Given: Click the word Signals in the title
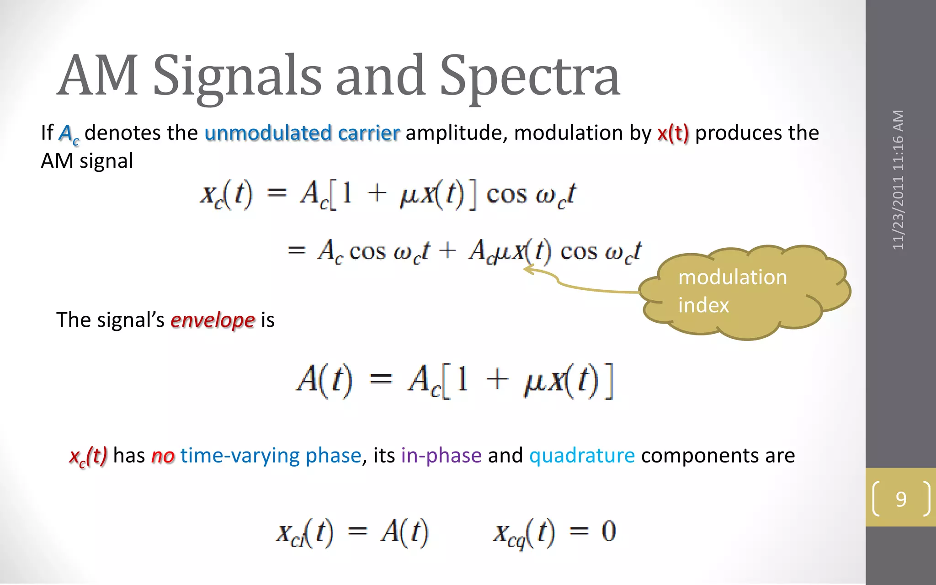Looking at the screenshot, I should (238, 77).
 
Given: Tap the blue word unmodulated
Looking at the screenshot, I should (268, 133).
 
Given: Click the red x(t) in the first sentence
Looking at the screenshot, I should (673, 133).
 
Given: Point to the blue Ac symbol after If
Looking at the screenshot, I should (69, 134).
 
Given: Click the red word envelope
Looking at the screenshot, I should (213, 320).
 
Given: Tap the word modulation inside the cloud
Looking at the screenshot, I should (732, 277).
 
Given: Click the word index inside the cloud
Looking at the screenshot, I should (703, 305).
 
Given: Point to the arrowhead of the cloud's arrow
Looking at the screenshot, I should (527, 270).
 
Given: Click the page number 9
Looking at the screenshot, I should (900, 499).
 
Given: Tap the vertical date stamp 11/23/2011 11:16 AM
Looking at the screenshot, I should (899, 180).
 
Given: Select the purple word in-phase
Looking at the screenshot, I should (441, 456).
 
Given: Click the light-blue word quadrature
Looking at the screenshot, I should (582, 456).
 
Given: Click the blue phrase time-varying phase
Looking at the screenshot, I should (271, 456).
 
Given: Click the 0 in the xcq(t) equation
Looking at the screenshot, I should (608, 532).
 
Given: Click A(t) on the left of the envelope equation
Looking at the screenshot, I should (324, 380).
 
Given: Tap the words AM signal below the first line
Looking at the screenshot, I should (87, 161).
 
